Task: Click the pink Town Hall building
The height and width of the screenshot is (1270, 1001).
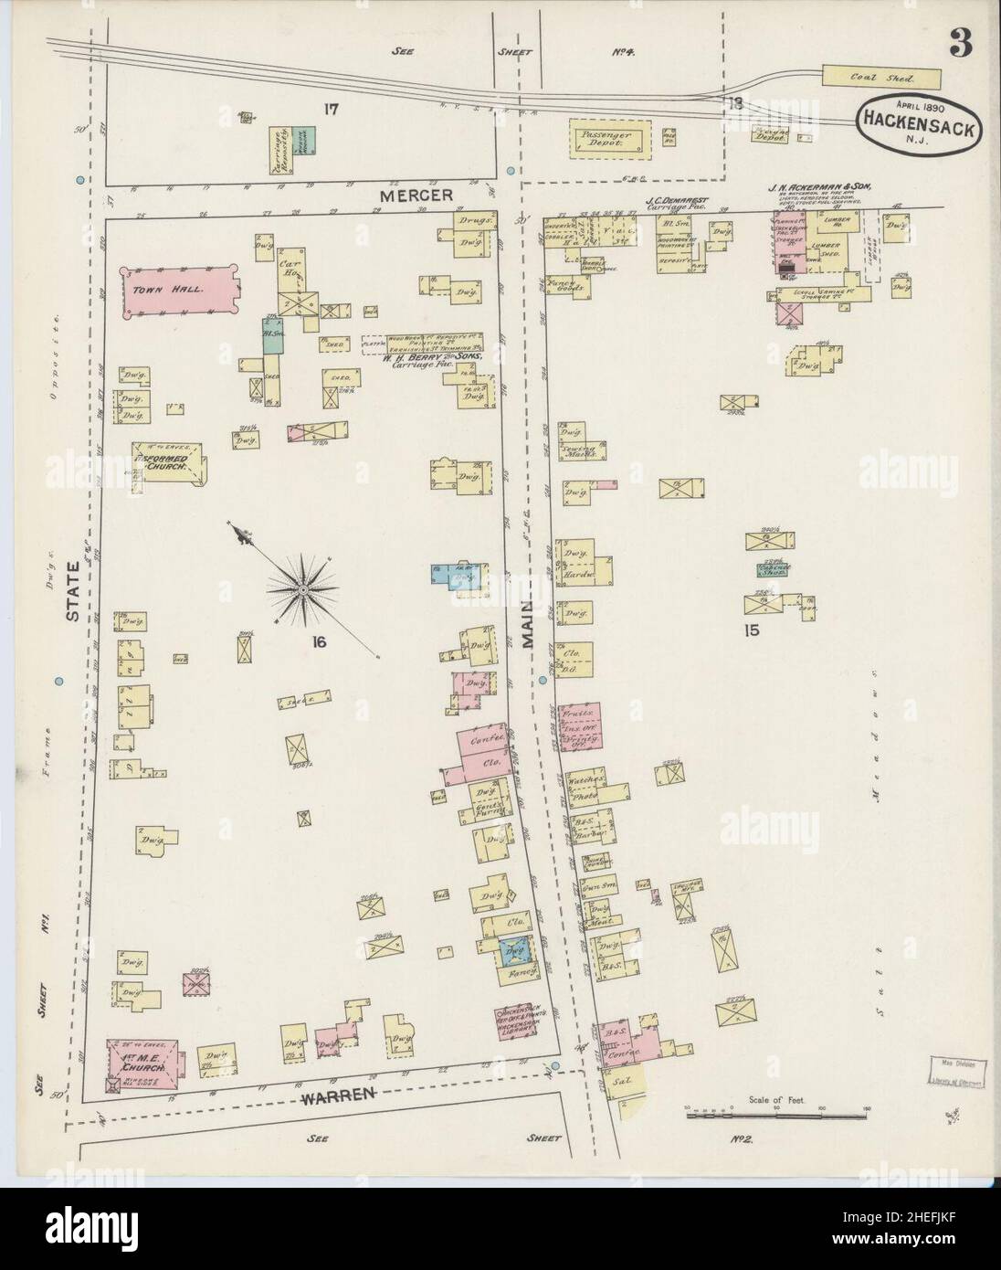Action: click(x=180, y=290)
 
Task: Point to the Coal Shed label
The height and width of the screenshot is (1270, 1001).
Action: click(x=881, y=79)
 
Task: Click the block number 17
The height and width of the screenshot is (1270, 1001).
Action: click(x=331, y=109)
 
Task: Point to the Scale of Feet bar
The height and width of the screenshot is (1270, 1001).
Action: click(x=775, y=1115)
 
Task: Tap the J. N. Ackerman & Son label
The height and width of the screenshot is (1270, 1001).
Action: click(x=820, y=186)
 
